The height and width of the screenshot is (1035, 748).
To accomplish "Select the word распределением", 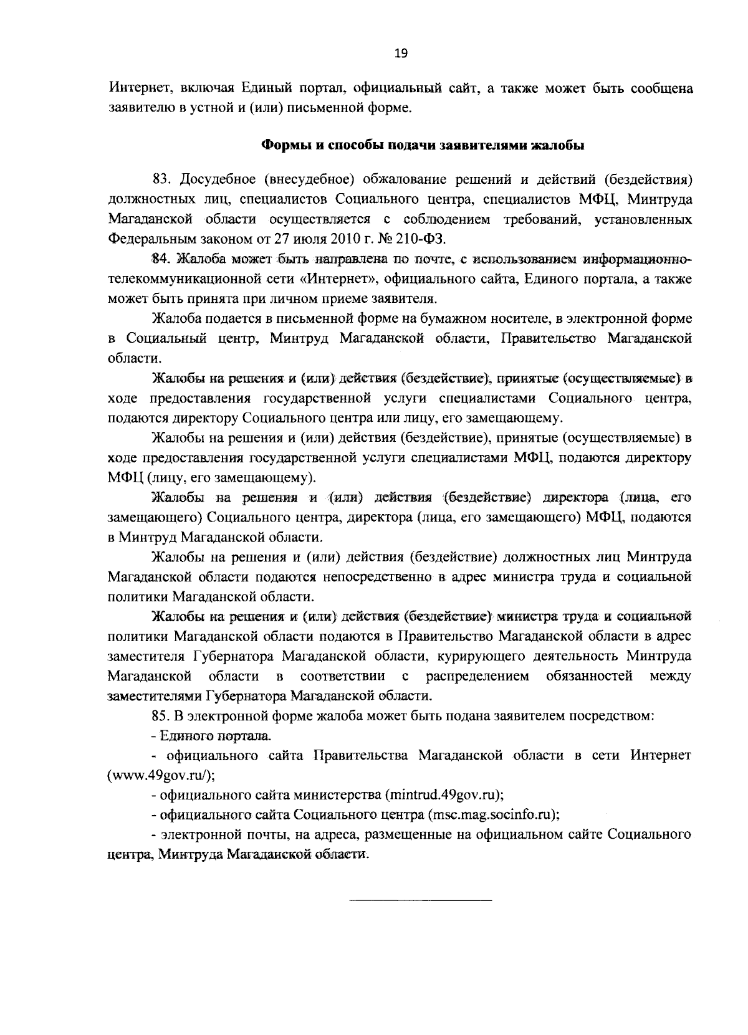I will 478,676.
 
